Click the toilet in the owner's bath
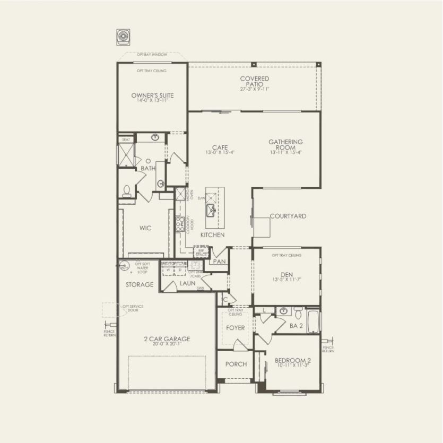point(127,190)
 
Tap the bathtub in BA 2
point(314,321)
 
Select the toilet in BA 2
point(298,311)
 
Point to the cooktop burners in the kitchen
point(180,222)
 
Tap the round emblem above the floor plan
point(123,36)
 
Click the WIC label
point(145,228)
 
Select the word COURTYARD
point(288,216)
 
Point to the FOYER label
point(235,328)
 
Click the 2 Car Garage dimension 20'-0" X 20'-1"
point(166,344)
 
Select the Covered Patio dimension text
point(254,89)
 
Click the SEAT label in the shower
point(126,140)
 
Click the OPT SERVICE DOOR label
point(132,308)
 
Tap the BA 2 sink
point(283,311)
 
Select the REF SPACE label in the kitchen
point(202,253)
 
